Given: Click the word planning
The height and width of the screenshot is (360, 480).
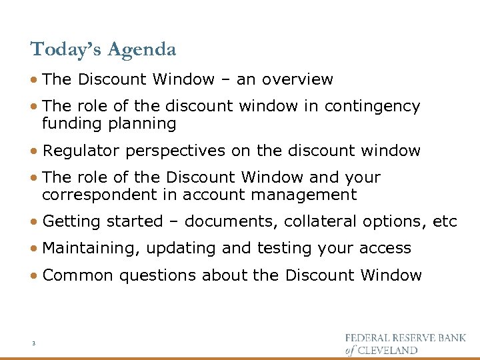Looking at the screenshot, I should [x=143, y=123].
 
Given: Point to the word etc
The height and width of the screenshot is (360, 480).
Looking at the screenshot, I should [x=445, y=222].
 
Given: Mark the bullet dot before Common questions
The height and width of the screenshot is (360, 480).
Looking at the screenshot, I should [x=34, y=275].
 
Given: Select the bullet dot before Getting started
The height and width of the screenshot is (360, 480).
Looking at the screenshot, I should [x=34, y=222].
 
